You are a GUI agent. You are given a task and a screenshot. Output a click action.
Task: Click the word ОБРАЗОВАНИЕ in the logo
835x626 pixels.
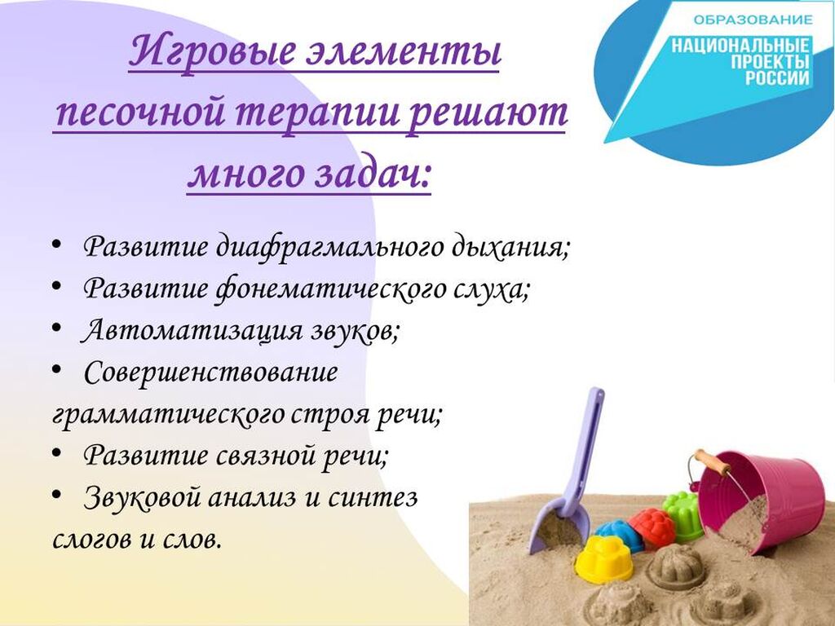[753, 20]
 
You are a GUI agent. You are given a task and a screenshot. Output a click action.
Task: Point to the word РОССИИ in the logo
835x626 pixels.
[777, 77]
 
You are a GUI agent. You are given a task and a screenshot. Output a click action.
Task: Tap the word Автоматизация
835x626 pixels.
[192, 331]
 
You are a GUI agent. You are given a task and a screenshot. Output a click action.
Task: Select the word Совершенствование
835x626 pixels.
[211, 372]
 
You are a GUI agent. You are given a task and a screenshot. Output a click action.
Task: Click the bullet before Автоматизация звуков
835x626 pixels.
[57, 328]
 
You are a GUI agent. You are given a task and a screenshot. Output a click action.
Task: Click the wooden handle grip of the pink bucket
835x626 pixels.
[713, 461]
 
